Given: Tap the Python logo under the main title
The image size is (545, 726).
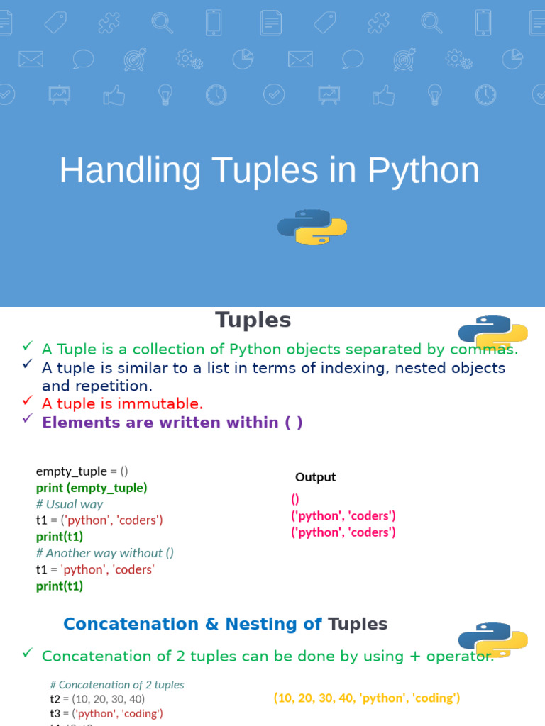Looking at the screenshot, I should (312, 227).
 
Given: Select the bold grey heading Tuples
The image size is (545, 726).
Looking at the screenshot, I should (253, 320).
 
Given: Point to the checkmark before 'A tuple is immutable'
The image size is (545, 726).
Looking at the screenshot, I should (27, 401).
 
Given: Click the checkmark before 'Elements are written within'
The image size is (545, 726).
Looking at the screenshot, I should (27, 419).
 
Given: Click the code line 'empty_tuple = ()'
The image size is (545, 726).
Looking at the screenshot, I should (82, 471).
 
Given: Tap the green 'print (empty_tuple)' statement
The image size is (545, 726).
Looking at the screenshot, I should (92, 488).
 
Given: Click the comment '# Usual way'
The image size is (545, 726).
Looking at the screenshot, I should (69, 504).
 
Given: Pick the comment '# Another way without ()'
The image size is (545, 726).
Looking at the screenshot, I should (104, 553).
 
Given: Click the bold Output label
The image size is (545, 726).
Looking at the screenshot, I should (315, 477).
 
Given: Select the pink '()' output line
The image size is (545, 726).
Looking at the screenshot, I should (295, 499).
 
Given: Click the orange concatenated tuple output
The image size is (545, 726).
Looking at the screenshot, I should (367, 698).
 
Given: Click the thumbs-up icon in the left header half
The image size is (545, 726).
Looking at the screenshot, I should (114, 95).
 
